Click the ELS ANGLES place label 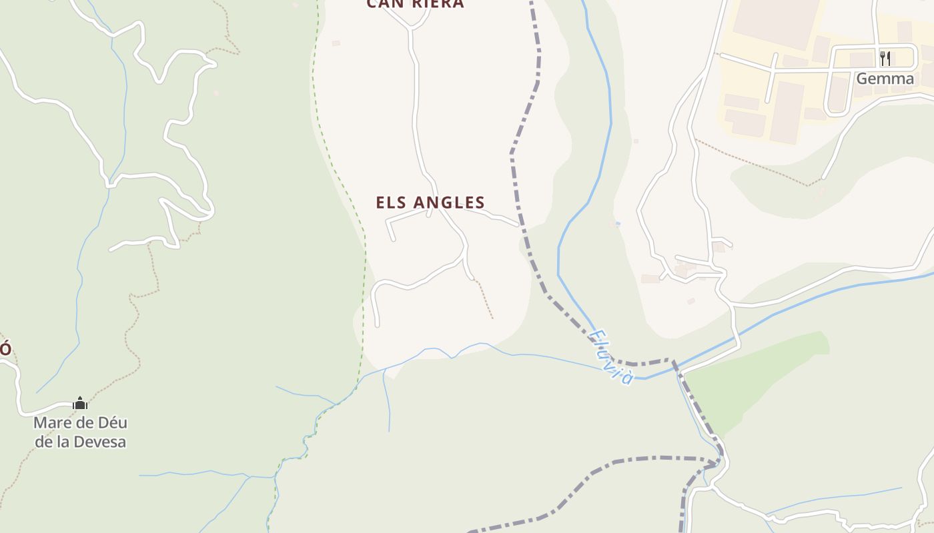[x=430, y=203]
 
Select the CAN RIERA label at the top [x=415, y=4]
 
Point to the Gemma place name [x=885, y=79]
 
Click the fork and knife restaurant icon [x=885, y=58]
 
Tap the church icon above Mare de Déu [x=80, y=403]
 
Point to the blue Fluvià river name [x=611, y=357]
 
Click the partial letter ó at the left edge [x=5, y=348]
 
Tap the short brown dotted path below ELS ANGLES [x=485, y=300]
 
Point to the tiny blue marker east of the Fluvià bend [x=618, y=224]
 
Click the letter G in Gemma [x=862, y=79]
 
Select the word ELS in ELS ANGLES [x=391, y=203]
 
